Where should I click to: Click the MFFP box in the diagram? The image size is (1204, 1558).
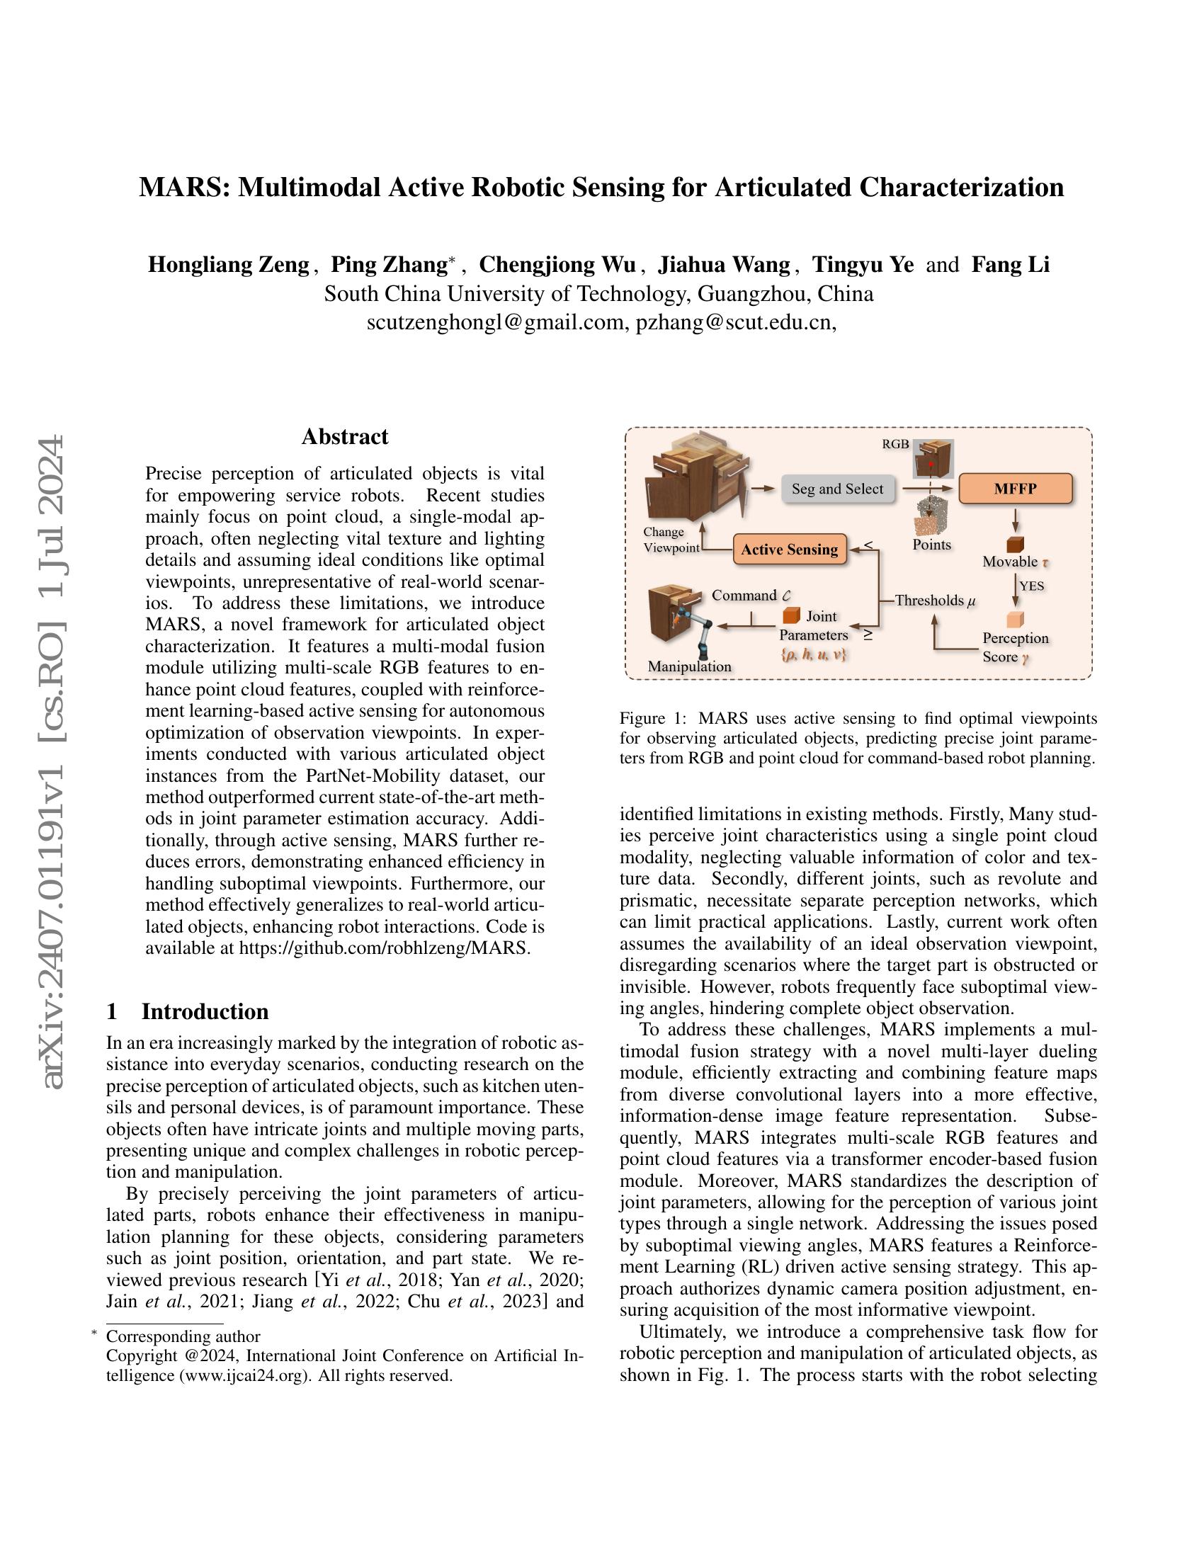click(x=1015, y=489)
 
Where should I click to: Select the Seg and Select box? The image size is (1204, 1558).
click(x=837, y=489)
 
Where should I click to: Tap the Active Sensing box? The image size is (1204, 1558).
click(x=790, y=550)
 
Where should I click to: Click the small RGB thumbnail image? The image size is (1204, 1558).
click(x=933, y=459)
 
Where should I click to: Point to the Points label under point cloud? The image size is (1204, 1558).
click(x=931, y=545)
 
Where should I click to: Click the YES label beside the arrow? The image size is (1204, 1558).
click(x=1031, y=586)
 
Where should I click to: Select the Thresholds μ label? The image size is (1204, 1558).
click(x=934, y=600)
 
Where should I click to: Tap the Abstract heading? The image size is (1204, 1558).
click(x=344, y=436)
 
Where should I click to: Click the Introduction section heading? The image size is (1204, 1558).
click(x=205, y=1011)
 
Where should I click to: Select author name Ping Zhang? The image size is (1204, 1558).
click(x=389, y=265)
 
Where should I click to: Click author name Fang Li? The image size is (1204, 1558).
click(x=1010, y=265)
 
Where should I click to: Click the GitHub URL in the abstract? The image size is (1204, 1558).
click(x=384, y=948)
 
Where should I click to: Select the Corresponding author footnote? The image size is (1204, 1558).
click(x=183, y=1336)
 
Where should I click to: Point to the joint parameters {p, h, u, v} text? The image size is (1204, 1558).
click(x=813, y=654)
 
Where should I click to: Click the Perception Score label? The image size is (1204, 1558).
click(x=1015, y=647)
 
